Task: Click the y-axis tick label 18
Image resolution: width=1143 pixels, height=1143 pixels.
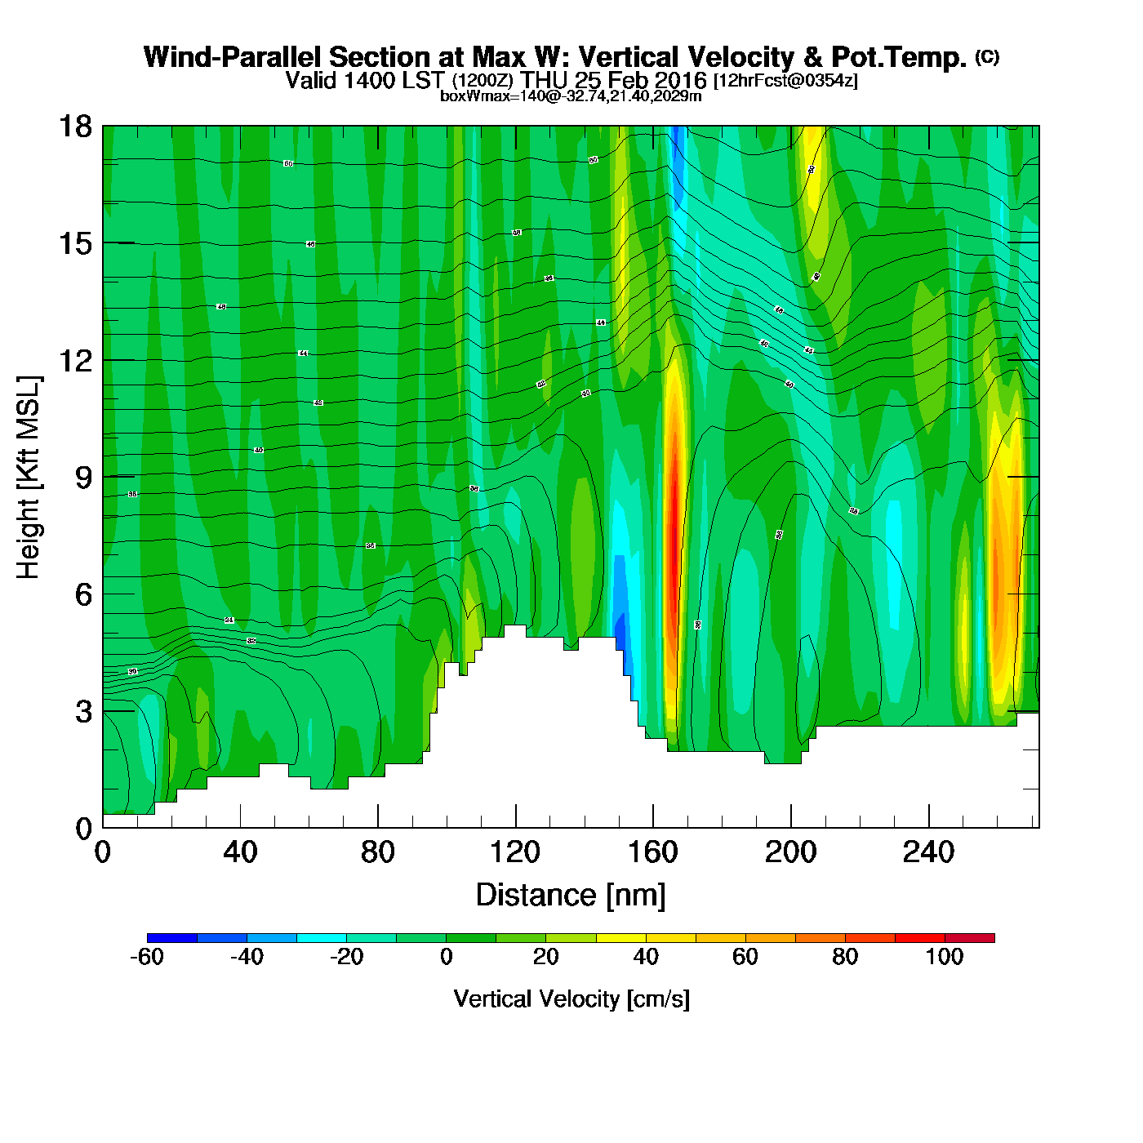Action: coord(74,127)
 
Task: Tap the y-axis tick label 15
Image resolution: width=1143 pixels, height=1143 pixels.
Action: coord(74,243)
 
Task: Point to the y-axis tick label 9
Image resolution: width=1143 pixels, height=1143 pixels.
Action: coord(83,478)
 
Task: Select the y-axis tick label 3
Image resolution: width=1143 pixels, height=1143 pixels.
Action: coord(83,712)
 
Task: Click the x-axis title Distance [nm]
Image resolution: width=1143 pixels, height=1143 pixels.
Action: coord(571,896)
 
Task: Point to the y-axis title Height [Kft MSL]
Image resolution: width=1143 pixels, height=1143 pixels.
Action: coord(29,478)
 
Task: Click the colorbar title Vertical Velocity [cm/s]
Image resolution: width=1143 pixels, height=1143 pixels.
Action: coord(571,998)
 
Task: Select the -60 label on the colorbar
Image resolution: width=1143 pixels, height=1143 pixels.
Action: coord(147,957)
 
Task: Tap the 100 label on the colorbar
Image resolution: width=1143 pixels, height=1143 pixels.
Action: coord(945,957)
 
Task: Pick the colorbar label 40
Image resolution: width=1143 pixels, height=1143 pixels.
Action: coord(646,957)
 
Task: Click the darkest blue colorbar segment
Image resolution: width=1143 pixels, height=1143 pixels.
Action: coord(172,938)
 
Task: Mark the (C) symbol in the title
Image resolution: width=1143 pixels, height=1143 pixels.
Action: coord(987,56)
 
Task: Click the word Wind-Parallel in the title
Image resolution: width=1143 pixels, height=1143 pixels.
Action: coord(233,57)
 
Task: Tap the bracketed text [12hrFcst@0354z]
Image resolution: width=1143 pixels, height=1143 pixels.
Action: coord(785,81)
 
